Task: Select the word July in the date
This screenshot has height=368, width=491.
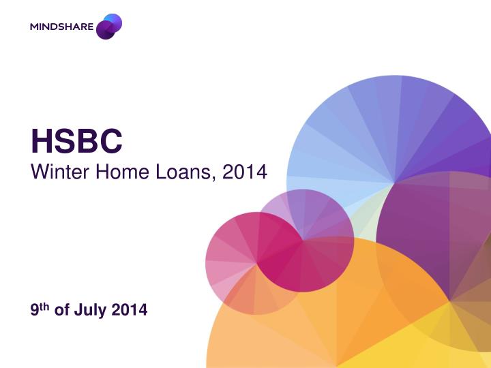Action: pyautogui.click(x=92, y=311)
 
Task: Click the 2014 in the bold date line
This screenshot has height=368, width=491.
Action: pyautogui.click(x=130, y=311)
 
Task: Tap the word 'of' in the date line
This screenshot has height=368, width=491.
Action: pyautogui.click(x=61, y=311)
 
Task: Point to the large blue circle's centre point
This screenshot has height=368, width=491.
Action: pyautogui.click(x=395, y=183)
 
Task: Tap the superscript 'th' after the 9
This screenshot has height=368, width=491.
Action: pyautogui.click(x=44, y=306)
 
